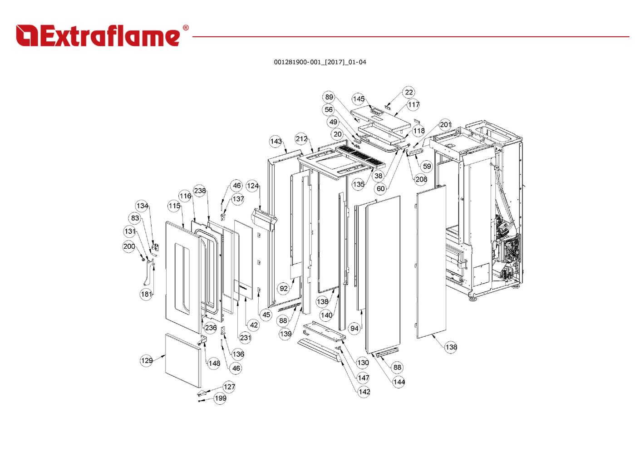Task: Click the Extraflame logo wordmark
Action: click(98, 35)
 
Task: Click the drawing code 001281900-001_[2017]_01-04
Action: click(320, 62)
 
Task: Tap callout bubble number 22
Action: click(409, 92)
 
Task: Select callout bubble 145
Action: click(358, 99)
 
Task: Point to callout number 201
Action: click(445, 124)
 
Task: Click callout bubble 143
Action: click(276, 142)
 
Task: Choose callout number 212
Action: click(301, 139)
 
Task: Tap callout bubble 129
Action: click(147, 361)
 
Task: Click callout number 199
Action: click(220, 398)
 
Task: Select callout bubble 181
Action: click(146, 294)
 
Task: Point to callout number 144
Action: click(399, 382)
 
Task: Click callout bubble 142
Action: click(364, 392)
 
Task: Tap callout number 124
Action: click(253, 186)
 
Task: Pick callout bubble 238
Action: click(200, 191)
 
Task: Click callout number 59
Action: click(427, 166)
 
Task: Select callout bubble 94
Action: click(354, 329)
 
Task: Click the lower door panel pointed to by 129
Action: click(183, 360)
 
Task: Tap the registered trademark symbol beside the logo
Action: click(186, 28)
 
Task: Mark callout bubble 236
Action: click(211, 328)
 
